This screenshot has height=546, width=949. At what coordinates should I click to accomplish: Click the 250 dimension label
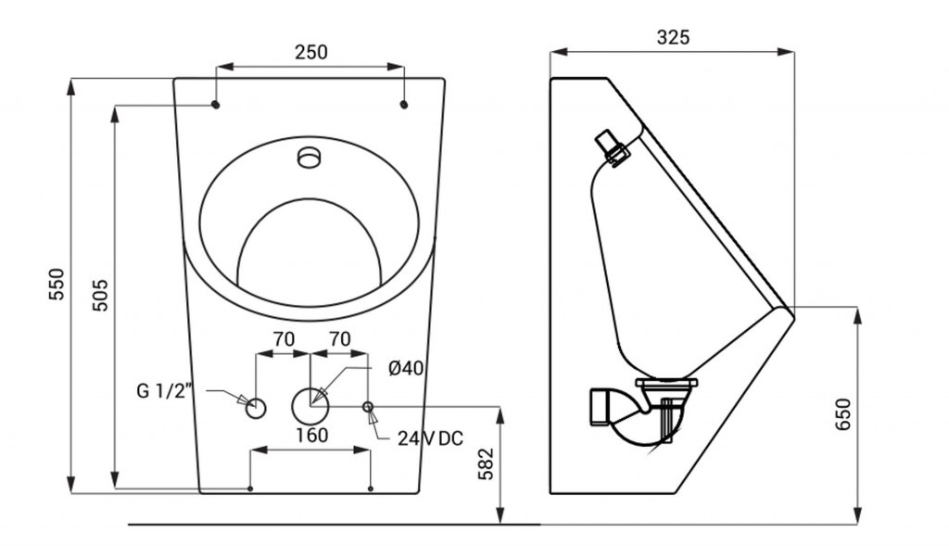pos(311,52)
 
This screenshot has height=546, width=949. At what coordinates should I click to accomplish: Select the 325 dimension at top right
pos(673,37)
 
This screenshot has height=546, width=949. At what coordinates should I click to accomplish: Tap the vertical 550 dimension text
pos(57,284)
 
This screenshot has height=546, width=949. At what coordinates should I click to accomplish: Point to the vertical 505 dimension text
pos(100,295)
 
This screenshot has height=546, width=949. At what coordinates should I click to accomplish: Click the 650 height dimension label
pos(842,414)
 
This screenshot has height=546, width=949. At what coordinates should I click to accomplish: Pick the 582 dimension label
pos(486,463)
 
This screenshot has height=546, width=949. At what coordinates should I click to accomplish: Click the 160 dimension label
pos(311,436)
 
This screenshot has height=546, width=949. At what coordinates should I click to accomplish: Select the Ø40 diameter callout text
pos(406,368)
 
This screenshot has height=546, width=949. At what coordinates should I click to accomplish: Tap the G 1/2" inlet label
pos(164,391)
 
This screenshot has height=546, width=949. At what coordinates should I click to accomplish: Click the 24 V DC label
pos(430,438)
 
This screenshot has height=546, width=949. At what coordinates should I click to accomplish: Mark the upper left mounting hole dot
pos(216,105)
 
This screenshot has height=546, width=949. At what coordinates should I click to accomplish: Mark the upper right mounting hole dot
pos(404,105)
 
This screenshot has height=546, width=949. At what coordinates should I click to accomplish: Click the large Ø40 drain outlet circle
pos(310,406)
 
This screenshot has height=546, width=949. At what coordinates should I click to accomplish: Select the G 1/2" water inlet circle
pos(256,409)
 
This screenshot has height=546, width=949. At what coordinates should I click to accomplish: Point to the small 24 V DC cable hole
pos(367,406)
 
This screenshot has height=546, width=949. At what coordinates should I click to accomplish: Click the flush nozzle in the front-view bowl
pos(310,157)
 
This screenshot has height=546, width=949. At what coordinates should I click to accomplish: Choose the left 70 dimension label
pos(284,339)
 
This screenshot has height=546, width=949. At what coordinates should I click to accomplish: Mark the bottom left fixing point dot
pos(250,489)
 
